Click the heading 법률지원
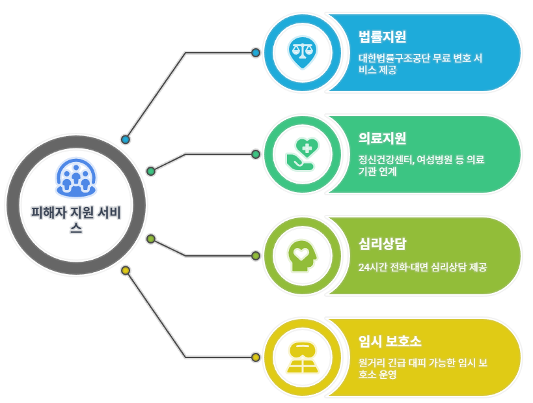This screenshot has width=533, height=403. [x=382, y=36]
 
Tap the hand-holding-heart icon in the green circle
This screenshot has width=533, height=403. [x=302, y=154]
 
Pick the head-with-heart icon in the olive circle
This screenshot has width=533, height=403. [x=302, y=256]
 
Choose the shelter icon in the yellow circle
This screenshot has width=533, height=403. [x=302, y=357]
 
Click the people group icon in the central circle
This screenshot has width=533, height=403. [x=76, y=176]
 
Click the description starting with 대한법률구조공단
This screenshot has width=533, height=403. [x=420, y=64]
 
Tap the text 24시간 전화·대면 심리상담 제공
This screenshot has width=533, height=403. [x=422, y=267]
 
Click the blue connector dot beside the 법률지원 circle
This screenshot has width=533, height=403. [x=256, y=52]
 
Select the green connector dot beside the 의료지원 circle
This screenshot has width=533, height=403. [x=256, y=154]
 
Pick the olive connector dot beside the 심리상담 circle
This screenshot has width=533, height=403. [x=256, y=256]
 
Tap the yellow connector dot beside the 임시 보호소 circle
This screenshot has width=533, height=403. [x=256, y=357]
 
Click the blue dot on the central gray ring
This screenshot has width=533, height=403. [x=126, y=139]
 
